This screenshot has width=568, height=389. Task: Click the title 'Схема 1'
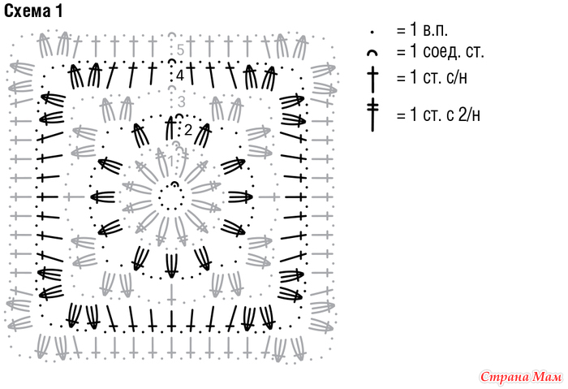pos(33,11)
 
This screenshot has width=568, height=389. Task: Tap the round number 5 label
pos(180,50)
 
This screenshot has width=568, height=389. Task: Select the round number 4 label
pos(180,76)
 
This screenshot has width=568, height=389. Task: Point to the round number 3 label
pos(182,102)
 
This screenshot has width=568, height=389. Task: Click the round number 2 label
pos(188,130)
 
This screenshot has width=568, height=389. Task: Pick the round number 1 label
pos(171,161)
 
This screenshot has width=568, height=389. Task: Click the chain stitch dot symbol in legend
pos(372,32)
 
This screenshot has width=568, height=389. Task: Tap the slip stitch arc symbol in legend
pos(372,53)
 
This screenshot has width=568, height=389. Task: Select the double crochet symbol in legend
pos(372,80)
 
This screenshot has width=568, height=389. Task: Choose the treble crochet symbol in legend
pos(372,115)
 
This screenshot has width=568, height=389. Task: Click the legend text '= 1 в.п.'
pos(423,30)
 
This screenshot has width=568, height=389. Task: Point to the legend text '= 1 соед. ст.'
pos(440,52)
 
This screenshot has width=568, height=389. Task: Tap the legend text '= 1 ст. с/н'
pos(432,78)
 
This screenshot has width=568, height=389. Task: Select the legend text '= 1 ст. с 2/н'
pos(438,115)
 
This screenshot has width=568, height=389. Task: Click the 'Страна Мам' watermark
pos(521,377)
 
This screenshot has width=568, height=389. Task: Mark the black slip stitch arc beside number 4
pos(171,61)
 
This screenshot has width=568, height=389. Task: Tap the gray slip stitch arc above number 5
pos(172,35)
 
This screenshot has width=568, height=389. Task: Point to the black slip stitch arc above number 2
pos(179,116)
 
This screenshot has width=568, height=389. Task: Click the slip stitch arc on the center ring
pos(174,184)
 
